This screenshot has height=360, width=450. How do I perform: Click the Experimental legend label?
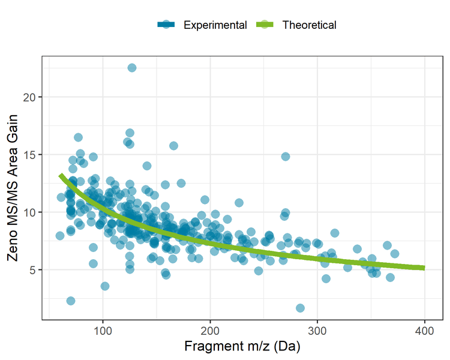[x=215, y=25]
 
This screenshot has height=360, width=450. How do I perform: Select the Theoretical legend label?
[x=309, y=25]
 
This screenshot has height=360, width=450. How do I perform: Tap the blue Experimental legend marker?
[x=166, y=25]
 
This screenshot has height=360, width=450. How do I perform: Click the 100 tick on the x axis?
[x=103, y=332]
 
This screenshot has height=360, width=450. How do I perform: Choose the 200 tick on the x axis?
[x=210, y=332]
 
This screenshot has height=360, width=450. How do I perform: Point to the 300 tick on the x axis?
[x=317, y=332]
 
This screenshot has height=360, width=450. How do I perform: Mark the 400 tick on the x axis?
[x=425, y=332]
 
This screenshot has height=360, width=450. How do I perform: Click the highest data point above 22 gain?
[x=131, y=68]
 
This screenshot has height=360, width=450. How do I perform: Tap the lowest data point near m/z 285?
[x=300, y=308]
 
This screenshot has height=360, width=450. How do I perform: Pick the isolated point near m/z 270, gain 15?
[x=286, y=157]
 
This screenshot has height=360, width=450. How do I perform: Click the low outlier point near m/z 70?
[x=71, y=301]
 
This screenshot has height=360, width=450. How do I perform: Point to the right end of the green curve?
[x=424, y=268]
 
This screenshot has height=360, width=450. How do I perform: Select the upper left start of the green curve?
[x=61, y=175]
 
